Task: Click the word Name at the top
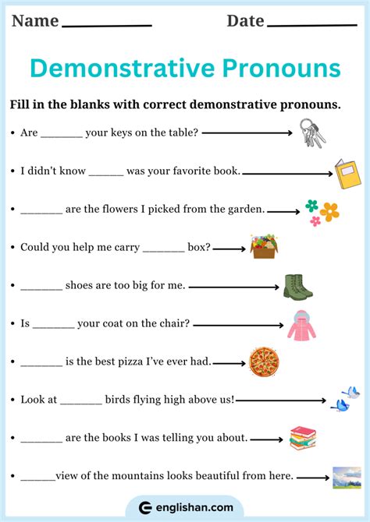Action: click(35, 21)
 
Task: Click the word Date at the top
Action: click(245, 21)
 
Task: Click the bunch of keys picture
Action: click(313, 132)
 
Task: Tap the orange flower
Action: click(329, 211)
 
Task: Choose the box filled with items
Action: click(264, 247)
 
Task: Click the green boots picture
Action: click(297, 286)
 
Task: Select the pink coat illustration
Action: click(301, 325)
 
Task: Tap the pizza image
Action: click(264, 362)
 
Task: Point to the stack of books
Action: click(302, 438)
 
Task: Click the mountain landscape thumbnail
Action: click(346, 478)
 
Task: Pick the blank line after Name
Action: click(106, 25)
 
